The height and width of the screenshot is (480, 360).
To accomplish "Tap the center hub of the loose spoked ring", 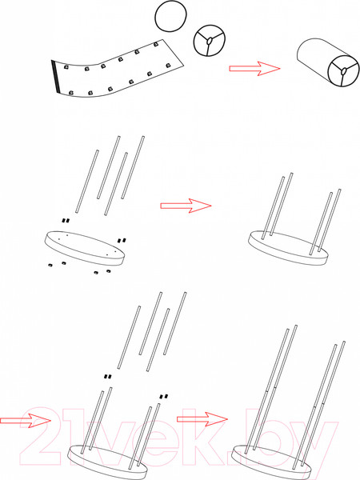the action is coord(210,41).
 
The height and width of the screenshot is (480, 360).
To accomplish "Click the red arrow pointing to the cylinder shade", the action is coord(254,68).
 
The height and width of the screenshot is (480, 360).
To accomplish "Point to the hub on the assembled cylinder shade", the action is coord(344,71).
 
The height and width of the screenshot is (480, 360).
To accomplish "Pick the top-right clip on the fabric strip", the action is coord(156,45).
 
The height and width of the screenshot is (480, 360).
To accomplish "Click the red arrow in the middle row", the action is coord(186,206).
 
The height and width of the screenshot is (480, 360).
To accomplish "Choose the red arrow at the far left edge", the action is coord(26,420).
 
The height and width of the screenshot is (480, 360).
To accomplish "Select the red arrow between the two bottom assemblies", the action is coord(202,419).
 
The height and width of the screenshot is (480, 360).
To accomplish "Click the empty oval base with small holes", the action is coord(85,248).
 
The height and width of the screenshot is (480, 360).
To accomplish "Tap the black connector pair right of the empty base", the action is coord(122,241).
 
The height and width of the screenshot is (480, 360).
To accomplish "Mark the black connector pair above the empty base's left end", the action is coord(66,221).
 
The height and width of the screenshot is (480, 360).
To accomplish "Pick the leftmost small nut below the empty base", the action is coord(50,265).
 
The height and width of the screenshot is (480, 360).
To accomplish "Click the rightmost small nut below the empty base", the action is coord(108,271).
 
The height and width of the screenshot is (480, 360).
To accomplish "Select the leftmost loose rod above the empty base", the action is coord(87,182).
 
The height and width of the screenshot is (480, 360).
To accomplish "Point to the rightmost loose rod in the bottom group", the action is coord(174,323).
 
